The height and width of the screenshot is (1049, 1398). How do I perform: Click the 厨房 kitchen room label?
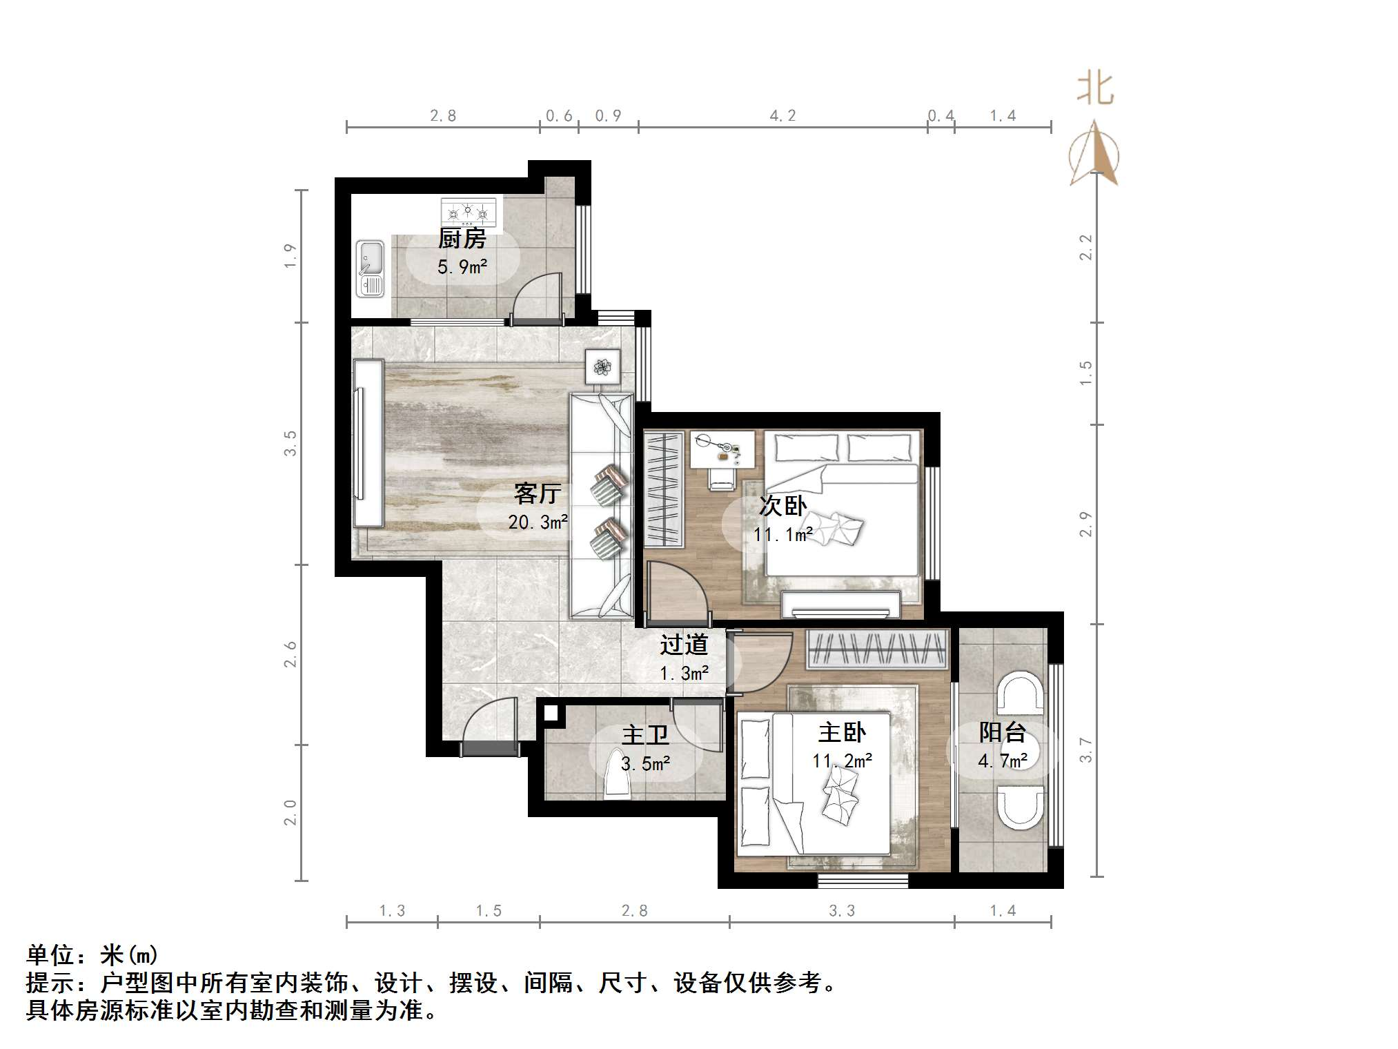(462, 239)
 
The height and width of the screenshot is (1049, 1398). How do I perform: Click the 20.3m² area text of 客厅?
(538, 522)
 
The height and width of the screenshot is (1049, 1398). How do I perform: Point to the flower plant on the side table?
(603, 366)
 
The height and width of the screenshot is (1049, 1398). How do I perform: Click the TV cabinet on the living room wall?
(368, 444)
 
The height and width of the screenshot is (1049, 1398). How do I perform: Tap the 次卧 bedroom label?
(782, 506)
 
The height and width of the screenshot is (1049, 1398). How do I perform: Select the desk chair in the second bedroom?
(721, 477)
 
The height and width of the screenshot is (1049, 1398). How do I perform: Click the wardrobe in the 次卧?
(663, 489)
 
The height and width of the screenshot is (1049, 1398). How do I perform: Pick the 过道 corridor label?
(683, 645)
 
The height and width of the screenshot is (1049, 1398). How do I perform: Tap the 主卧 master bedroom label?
(842, 732)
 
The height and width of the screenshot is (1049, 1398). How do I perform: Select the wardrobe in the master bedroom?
(876, 649)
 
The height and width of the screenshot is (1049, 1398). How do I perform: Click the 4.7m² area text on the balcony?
(1002, 761)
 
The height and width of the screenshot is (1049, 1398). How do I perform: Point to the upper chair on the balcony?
(1022, 693)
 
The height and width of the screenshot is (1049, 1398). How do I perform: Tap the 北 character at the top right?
(1095, 90)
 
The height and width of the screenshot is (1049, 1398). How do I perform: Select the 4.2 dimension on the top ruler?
(782, 116)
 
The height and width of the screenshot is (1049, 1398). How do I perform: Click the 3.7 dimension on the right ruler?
(1085, 750)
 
